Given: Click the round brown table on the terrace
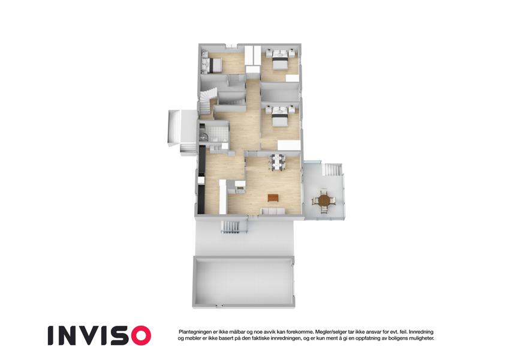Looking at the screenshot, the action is tap(324, 200).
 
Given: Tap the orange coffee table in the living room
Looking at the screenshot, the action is tap(273, 197).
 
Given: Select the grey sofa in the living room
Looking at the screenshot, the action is tap(273, 212).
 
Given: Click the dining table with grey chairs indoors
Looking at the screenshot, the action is tap(277, 162).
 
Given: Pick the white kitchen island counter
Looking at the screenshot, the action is tap(222, 197).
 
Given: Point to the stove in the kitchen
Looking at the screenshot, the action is tap(240, 190).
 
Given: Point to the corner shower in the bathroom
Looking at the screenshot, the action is tap(203, 135).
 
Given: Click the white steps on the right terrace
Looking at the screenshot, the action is tap(332, 170).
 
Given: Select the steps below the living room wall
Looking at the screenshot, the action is tap(231, 227).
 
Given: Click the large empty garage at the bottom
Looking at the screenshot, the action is tap(244, 281).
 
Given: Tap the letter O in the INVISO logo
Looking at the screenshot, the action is tap(139, 335).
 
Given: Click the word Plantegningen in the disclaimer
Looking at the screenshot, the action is tap(194, 332).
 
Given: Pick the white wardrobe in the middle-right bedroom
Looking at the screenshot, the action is tap(289, 145).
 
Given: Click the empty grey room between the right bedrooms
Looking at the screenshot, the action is tap(280, 92).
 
